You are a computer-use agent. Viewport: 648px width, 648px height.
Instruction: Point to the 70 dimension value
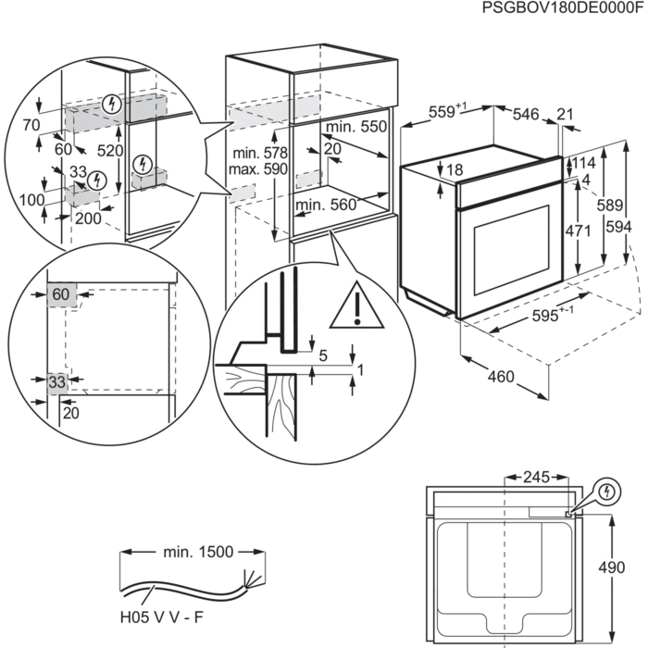pyautogui.click(x=31, y=124)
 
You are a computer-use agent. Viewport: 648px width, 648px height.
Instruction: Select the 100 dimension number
pyautogui.click(x=32, y=198)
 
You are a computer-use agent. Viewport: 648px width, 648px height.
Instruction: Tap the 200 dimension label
pyautogui.click(x=89, y=218)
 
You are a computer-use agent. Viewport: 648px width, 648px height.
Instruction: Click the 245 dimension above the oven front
pyautogui.click(x=536, y=478)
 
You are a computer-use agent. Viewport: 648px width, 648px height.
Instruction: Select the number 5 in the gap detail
pyautogui.click(x=323, y=355)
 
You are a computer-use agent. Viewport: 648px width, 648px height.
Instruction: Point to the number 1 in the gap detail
pyautogui.click(x=360, y=370)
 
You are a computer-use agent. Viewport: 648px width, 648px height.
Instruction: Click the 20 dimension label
pyautogui.click(x=71, y=413)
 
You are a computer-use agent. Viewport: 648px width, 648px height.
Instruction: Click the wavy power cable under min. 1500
pyautogui.click(x=185, y=592)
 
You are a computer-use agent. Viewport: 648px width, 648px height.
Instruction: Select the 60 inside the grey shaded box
pyautogui.click(x=61, y=294)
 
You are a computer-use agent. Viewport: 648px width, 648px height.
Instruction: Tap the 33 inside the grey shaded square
pyautogui.click(x=57, y=381)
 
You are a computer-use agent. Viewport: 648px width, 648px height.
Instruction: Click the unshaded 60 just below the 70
pyautogui.click(x=63, y=148)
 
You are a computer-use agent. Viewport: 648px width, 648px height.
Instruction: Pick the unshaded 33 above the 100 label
pyautogui.click(x=78, y=172)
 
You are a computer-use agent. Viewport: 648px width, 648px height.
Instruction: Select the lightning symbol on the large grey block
pyautogui.click(x=113, y=104)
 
